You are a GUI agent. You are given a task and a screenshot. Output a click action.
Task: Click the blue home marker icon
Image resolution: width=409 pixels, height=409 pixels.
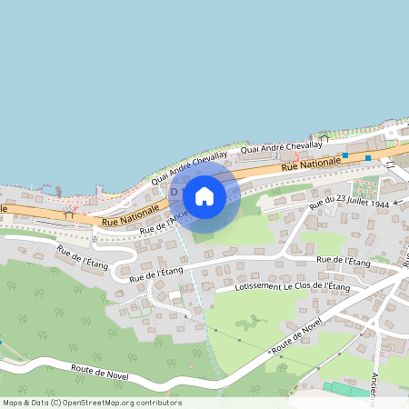pos(204,196)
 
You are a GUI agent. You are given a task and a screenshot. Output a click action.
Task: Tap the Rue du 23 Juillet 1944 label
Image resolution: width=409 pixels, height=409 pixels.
pos(350,200)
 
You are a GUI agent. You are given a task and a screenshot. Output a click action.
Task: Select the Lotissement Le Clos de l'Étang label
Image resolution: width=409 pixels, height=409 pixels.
pos(292,286)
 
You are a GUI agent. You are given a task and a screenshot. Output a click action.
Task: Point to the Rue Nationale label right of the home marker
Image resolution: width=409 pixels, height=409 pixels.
pos(311,165)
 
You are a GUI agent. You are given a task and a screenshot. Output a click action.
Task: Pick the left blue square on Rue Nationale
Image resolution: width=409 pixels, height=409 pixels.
pos(344,155)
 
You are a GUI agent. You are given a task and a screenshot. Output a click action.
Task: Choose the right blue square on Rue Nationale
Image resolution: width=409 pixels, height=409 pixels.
pos(368,158)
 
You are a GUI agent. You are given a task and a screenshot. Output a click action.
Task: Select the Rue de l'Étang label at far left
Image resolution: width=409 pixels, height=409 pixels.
pos(83,261)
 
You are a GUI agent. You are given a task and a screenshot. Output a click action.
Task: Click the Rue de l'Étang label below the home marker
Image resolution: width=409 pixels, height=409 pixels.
pos(156,271)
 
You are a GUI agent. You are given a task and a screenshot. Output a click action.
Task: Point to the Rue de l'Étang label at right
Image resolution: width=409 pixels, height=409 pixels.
pos(344,261)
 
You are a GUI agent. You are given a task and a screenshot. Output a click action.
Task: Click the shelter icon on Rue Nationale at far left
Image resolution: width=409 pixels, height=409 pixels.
pos(68,214)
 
